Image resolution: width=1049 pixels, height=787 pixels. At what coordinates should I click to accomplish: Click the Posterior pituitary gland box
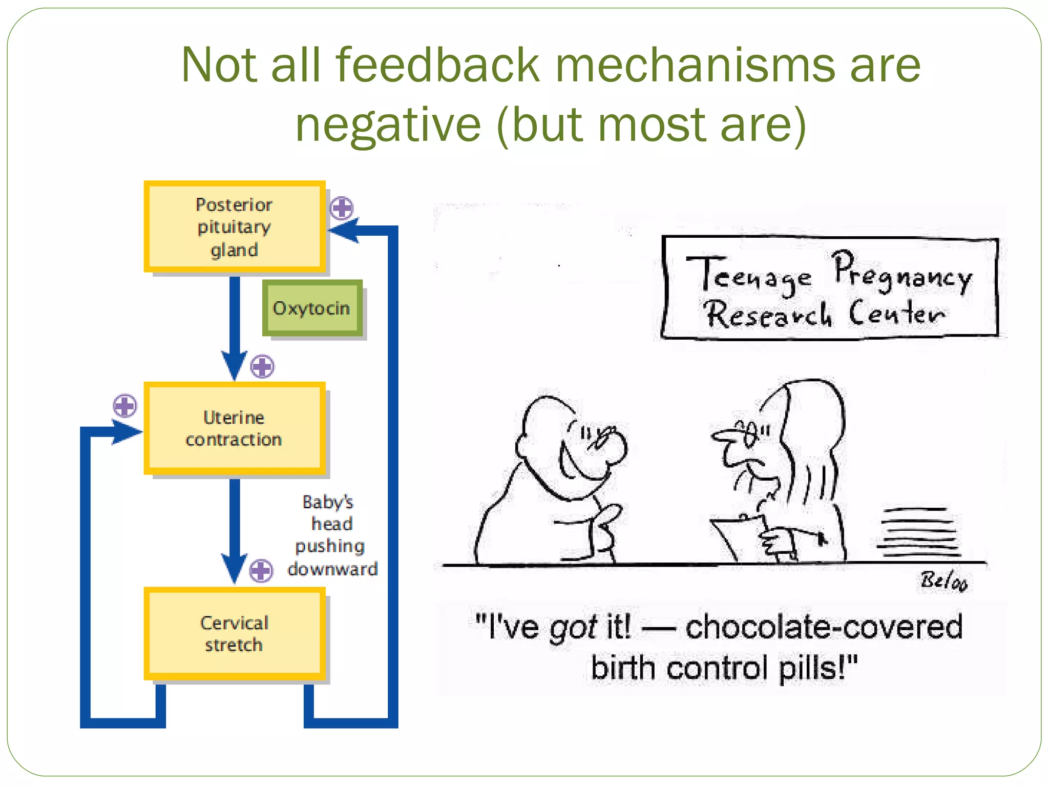[235, 227]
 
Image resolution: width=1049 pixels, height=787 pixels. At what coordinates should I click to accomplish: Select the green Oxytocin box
[312, 308]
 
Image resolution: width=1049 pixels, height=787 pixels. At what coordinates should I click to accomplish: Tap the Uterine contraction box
[235, 428]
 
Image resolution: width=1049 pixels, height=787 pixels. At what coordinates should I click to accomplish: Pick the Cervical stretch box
[235, 634]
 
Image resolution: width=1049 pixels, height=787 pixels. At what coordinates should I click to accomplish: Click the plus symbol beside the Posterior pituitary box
[342, 208]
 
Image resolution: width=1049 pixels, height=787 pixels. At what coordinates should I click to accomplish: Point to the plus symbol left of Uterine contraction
[124, 406]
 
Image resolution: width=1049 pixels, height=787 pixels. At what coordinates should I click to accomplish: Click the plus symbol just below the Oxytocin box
[262, 366]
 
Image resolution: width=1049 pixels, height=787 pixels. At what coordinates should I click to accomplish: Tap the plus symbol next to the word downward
[261, 570]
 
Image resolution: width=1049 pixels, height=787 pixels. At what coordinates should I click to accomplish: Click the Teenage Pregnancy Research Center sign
[830, 288]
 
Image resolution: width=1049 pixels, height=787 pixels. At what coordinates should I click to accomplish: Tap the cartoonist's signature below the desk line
[943, 581]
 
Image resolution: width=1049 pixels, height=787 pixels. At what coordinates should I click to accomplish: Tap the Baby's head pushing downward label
[332, 535]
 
